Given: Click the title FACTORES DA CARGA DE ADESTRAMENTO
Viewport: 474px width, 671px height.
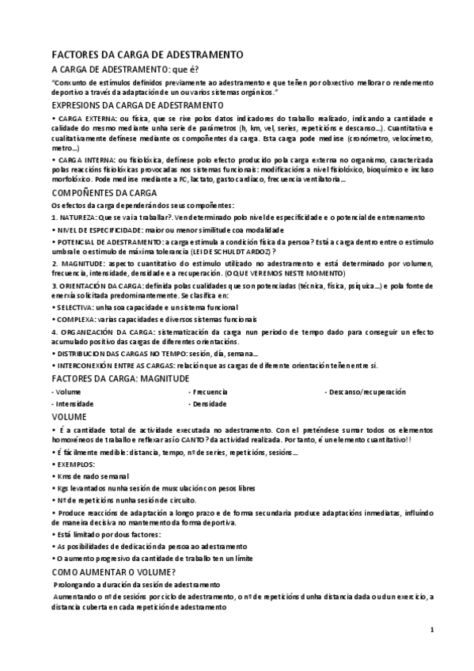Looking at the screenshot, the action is pyautogui.click(x=146, y=55).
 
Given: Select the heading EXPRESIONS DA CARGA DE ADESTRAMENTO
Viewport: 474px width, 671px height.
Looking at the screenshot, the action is pyautogui.click(x=138, y=104).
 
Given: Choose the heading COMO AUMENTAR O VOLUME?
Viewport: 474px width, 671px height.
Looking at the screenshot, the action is pyautogui.click(x=113, y=571).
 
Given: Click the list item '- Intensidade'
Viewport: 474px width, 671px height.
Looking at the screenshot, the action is pyautogui.click(x=72, y=404).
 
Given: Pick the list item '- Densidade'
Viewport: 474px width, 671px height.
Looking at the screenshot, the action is pyautogui.click(x=207, y=404).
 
